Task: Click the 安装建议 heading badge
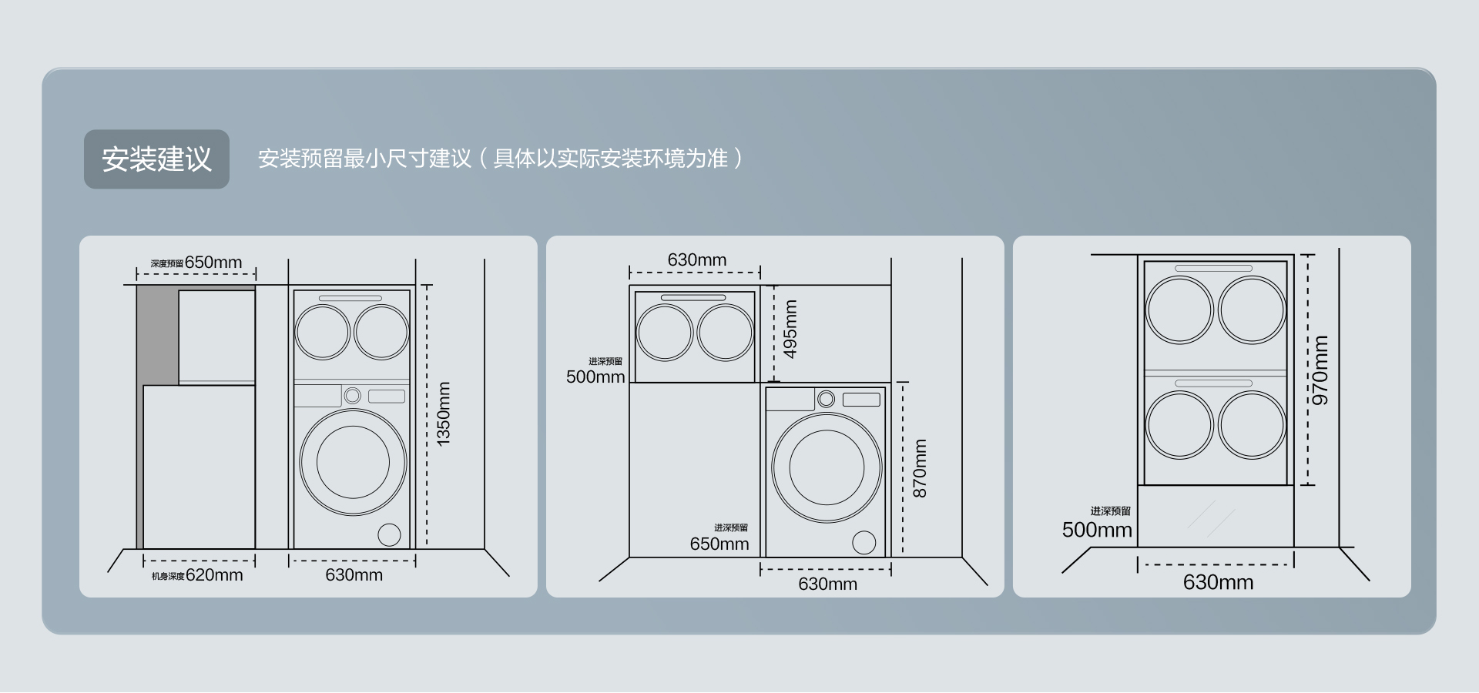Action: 156,159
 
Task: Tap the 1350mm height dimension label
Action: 444,413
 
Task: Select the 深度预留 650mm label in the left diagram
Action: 196,263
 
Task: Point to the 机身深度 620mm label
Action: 197,575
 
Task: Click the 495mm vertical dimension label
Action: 790,329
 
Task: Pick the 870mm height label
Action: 920,469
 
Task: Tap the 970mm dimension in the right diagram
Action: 1320,370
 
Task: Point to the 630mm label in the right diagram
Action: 1218,582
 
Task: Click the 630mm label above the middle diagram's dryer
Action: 696,260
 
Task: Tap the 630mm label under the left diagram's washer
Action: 354,575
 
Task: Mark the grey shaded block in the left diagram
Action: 157,336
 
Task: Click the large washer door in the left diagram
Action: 354,463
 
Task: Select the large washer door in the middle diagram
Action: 827,468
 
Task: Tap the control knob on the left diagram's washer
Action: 352,396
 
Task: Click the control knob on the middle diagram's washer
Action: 826,399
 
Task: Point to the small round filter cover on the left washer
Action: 389,534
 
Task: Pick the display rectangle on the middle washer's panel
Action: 861,400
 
